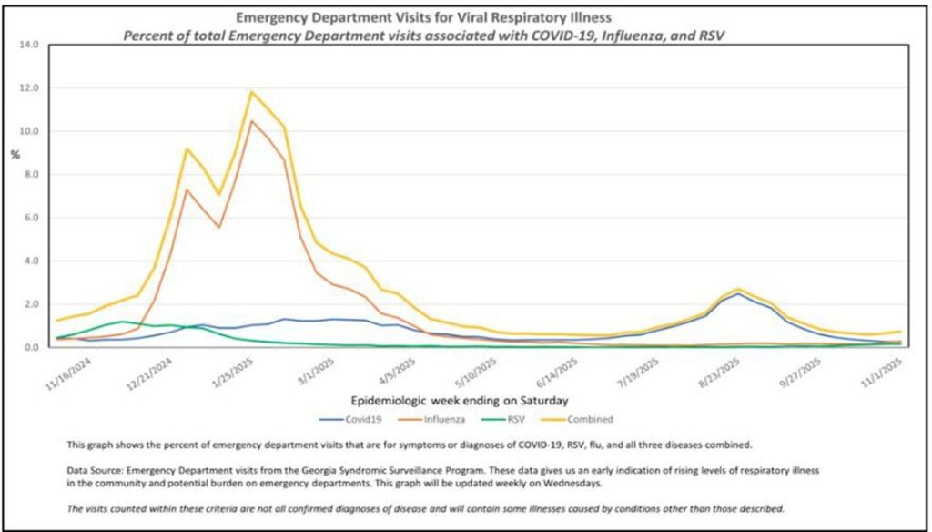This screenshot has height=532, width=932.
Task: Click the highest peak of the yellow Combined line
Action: coord(251,92)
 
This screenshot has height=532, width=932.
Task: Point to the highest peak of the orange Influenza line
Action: coord(251,121)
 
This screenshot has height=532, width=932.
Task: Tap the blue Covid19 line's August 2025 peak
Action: coord(738,294)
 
